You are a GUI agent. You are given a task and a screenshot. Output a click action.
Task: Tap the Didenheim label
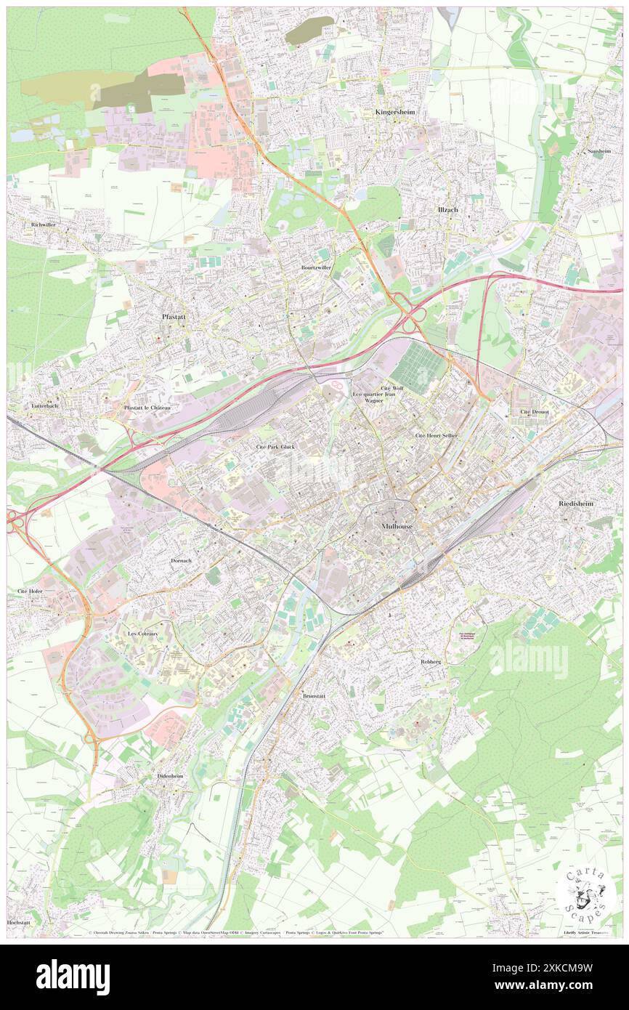(x=171, y=776)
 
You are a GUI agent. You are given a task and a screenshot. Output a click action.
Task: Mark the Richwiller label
(x=43, y=225)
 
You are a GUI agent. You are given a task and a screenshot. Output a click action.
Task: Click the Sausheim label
(x=599, y=151)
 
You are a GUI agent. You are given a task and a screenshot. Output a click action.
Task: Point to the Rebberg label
(x=431, y=662)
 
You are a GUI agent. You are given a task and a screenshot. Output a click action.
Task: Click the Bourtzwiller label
(x=316, y=267)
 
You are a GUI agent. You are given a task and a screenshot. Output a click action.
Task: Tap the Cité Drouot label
(x=535, y=411)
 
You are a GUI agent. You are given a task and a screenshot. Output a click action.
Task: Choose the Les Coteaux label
(x=142, y=634)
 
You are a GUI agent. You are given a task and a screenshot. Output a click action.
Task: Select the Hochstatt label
(x=17, y=921)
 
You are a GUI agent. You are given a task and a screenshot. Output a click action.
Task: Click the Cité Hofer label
(x=30, y=592)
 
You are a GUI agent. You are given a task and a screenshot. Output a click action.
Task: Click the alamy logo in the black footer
(x=73, y=977)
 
